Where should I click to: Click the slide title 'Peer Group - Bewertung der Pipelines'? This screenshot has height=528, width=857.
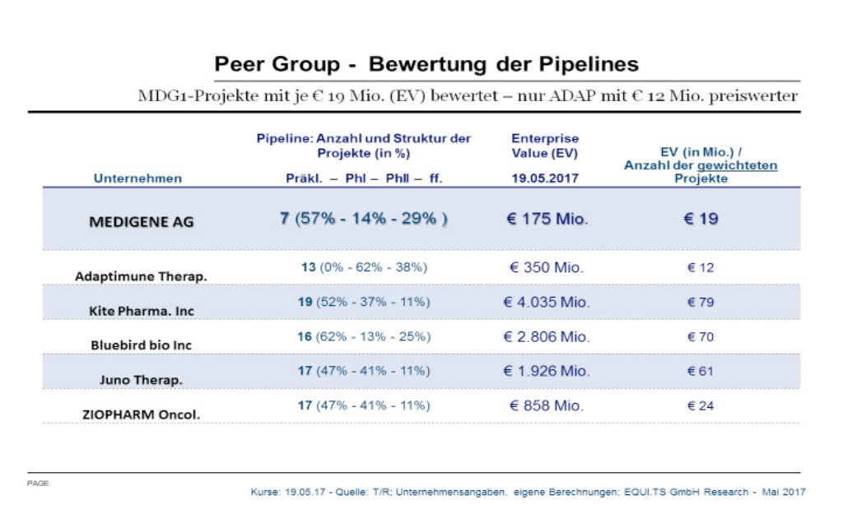pos(426,64)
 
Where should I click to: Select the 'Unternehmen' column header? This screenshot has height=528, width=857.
pos(137,178)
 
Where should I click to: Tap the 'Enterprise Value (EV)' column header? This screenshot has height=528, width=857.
pos(544,146)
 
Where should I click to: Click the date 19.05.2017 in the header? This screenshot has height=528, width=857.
pos(544,178)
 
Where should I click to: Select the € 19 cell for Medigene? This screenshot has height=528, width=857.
pos(701,220)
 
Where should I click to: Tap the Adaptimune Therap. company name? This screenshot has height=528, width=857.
pos(141,276)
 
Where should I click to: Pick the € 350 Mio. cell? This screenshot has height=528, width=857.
pos(545,267)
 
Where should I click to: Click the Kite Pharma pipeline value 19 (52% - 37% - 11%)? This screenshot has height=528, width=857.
pos(363,302)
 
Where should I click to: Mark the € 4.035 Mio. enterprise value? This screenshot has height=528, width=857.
pos(546,302)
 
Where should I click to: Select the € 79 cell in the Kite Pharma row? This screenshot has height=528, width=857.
pos(701,302)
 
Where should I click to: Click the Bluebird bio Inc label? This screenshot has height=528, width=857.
pos(141,345)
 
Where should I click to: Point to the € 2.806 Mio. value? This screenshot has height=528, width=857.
pos(546,336)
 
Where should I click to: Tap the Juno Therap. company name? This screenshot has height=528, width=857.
pos(141,380)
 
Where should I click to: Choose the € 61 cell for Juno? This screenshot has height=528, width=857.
pos(701,371)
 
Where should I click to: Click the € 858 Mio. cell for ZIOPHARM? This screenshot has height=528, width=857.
pos(545,405)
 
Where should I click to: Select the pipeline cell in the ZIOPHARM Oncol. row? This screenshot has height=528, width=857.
pos(363,405)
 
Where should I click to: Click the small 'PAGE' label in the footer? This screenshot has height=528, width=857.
pos(38,483)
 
